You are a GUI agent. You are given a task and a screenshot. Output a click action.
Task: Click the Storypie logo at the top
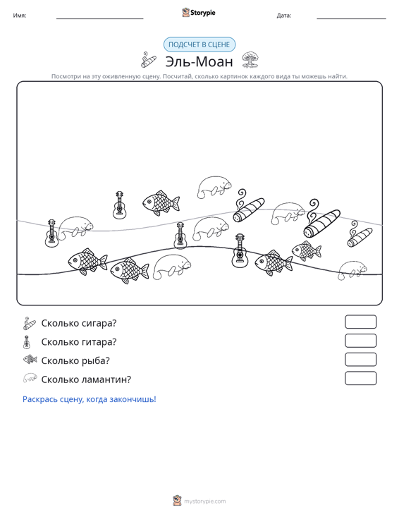pos(199,13)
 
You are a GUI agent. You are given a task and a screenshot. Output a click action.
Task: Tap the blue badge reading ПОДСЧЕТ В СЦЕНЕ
pos(199,44)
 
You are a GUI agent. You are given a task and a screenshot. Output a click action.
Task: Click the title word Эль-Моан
pos(199,61)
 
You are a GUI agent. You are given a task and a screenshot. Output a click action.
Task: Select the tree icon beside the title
pos(250,60)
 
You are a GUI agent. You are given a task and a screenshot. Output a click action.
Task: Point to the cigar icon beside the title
pos(149,60)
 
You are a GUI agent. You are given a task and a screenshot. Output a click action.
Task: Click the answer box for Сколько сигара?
pos(360,322)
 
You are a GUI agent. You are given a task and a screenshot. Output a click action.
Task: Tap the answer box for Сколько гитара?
pos(360,341)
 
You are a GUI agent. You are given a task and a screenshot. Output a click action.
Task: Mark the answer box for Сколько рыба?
pos(360,360)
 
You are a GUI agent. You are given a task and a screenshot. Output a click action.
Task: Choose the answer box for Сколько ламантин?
pos(360,378)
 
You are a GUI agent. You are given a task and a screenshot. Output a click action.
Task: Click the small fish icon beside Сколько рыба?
pos(30,359)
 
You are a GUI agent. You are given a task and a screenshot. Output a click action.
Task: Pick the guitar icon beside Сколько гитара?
pos(27,342)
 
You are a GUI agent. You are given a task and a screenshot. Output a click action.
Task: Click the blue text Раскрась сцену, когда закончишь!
pos(90,399)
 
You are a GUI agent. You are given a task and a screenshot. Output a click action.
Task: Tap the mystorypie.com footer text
pos(204,501)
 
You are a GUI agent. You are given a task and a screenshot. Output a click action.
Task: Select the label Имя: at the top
pos(20,16)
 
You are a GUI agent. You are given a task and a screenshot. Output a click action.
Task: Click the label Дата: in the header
pos(284,16)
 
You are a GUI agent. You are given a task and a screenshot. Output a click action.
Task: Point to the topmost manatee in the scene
pos(214,188)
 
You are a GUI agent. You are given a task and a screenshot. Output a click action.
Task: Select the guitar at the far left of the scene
pos(51,233)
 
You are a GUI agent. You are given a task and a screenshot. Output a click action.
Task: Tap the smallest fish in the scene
pos(307,250)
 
